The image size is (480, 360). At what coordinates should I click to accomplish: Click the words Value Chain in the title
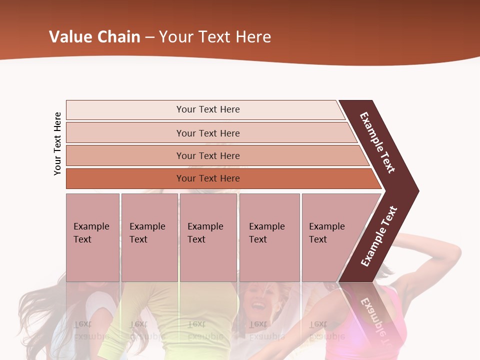point(94,36)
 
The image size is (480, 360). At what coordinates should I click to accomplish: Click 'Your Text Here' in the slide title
point(215,36)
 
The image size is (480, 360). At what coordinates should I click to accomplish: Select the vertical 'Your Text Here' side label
point(57,143)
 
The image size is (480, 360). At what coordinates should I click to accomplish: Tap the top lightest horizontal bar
point(208,109)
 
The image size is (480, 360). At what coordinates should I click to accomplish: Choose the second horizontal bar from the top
point(208,133)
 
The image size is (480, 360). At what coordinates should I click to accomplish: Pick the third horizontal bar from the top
point(208,155)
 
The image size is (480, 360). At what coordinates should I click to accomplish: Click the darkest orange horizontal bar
point(208,178)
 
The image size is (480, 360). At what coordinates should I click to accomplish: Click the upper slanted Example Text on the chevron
point(377,142)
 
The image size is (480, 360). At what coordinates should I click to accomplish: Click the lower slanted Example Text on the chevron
point(378,236)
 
